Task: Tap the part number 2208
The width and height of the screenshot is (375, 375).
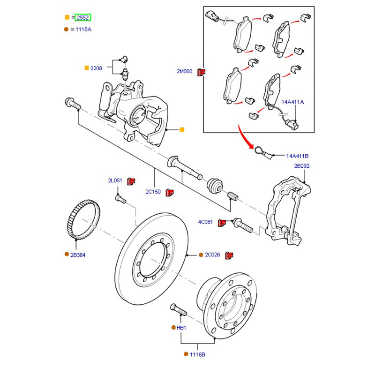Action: pyautogui.click(x=96, y=68)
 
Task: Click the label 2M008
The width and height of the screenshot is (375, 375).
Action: pyautogui.click(x=184, y=71)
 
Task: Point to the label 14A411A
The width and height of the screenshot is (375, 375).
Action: pyautogui.click(x=292, y=102)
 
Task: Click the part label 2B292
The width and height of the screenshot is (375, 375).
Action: pyautogui.click(x=302, y=166)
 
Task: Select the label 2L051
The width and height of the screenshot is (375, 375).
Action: pyautogui.click(x=115, y=180)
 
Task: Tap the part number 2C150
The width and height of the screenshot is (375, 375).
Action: pyautogui.click(x=153, y=192)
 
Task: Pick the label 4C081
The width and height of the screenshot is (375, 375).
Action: pyautogui.click(x=205, y=222)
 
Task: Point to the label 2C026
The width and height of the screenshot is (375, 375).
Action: pyautogui.click(x=212, y=255)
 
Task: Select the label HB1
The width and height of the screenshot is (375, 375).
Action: pyautogui.click(x=181, y=328)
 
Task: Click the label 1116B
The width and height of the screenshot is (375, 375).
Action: pyautogui.click(x=197, y=355)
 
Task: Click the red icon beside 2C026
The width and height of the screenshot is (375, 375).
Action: pyautogui.click(x=230, y=255)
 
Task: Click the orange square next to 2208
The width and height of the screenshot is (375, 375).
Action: pyautogui.click(x=86, y=68)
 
